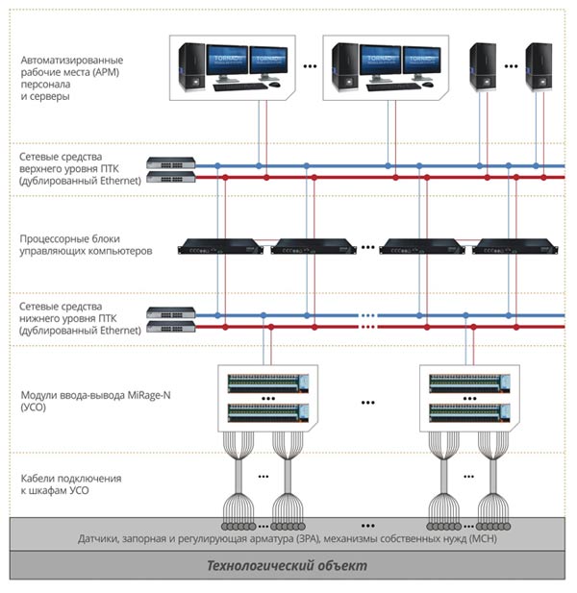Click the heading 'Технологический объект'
[x=288, y=565]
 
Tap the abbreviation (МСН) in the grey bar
[x=483, y=538]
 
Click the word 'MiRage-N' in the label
[x=149, y=395]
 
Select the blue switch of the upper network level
[x=171, y=163]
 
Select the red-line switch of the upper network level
[x=171, y=177]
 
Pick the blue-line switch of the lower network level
[x=171, y=312]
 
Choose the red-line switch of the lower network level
[x=171, y=327]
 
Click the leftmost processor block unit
[x=220, y=247]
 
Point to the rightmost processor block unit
[x=514, y=247]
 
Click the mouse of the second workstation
[x=427, y=85]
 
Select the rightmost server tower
[x=539, y=67]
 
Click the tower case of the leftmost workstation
[x=192, y=67]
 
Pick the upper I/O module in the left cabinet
[x=268, y=383]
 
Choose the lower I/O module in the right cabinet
[x=469, y=413]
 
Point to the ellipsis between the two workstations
[x=310, y=66]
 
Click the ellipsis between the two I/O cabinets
[x=367, y=403]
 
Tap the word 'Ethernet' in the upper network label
[x=120, y=181]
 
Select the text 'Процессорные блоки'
[x=70, y=239]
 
